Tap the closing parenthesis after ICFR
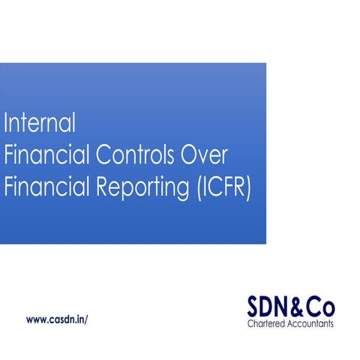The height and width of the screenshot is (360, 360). point(250,188)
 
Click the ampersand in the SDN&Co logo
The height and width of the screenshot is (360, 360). point(299,307)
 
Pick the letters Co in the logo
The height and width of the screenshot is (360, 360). point(321,307)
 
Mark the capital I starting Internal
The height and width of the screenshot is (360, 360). point(7,121)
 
